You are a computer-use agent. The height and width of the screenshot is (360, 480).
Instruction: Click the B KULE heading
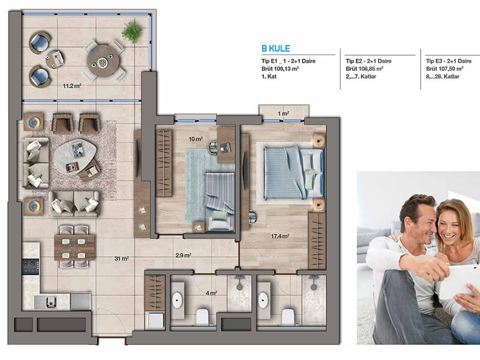click(275, 49)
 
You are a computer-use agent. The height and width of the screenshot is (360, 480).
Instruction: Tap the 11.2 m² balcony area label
click(72, 86)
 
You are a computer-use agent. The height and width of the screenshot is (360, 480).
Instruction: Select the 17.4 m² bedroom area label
click(280, 236)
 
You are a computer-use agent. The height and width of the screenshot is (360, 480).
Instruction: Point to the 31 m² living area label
click(121, 259)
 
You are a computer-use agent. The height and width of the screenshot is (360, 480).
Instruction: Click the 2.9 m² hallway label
click(184, 255)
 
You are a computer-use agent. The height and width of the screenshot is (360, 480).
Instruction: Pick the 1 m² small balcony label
click(283, 113)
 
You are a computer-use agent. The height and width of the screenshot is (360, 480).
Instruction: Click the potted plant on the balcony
click(131, 32)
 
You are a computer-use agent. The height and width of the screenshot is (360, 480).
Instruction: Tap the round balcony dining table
click(103, 61)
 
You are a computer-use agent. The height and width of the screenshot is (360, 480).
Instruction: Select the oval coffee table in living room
click(74, 157)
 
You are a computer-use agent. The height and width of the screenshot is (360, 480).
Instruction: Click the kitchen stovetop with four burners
click(31, 266)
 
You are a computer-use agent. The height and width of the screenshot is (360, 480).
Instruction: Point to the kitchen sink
click(50, 302)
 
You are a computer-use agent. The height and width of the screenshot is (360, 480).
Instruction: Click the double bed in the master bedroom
click(293, 172)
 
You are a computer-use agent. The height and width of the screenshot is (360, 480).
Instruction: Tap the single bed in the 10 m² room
click(220, 201)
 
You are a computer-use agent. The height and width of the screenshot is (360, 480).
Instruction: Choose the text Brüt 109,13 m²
click(280, 69)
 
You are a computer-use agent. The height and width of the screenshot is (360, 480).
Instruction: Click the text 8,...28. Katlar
click(443, 77)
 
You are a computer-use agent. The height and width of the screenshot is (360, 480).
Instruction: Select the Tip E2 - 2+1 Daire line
click(368, 61)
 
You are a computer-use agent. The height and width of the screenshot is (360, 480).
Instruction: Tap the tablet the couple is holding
click(459, 281)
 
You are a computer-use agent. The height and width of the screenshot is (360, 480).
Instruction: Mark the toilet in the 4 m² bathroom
click(202, 316)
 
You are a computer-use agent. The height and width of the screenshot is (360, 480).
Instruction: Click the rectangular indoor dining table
click(74, 247)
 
